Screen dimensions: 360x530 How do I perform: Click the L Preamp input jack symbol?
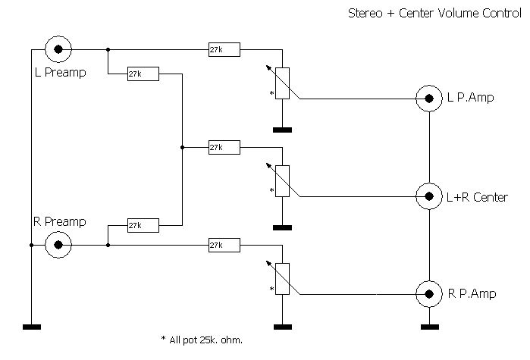[58, 50]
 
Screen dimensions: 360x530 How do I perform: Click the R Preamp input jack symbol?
[58, 245]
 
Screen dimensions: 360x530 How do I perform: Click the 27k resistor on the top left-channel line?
[224, 50]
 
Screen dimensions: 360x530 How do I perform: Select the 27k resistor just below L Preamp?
[143, 74]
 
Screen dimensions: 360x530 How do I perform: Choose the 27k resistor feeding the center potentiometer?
[224, 147]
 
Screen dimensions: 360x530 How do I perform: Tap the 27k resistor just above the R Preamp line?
[143, 225]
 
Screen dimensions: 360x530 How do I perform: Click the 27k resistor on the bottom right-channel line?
[224, 245]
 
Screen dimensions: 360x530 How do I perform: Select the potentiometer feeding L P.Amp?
[282, 83]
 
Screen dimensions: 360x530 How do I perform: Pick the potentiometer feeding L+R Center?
[282, 181]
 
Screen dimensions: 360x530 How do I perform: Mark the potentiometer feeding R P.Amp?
[282, 277]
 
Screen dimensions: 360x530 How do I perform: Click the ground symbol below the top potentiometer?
[282, 130]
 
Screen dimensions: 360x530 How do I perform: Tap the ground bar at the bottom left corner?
[32, 327]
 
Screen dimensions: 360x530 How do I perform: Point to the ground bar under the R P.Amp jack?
[430, 327]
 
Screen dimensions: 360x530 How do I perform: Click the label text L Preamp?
[61, 74]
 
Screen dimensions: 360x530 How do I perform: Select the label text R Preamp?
[59, 222]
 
